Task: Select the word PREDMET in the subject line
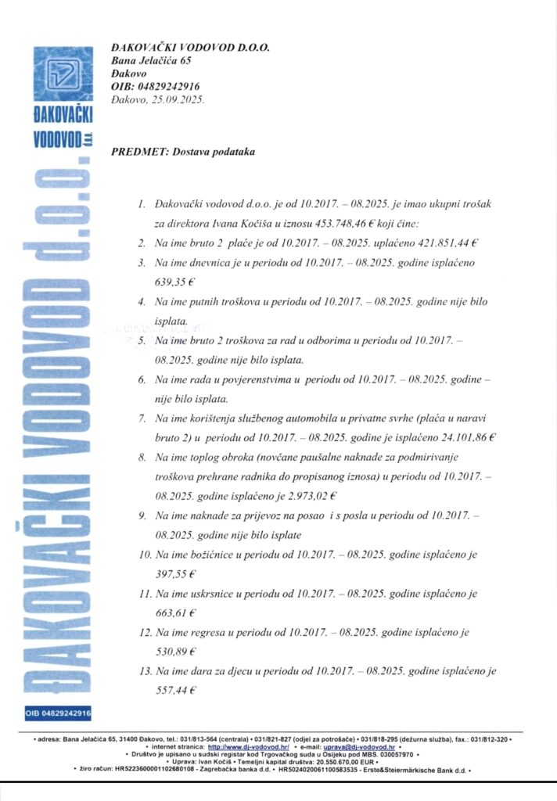135,151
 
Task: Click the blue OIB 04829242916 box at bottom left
59,713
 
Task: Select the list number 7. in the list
142,418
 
